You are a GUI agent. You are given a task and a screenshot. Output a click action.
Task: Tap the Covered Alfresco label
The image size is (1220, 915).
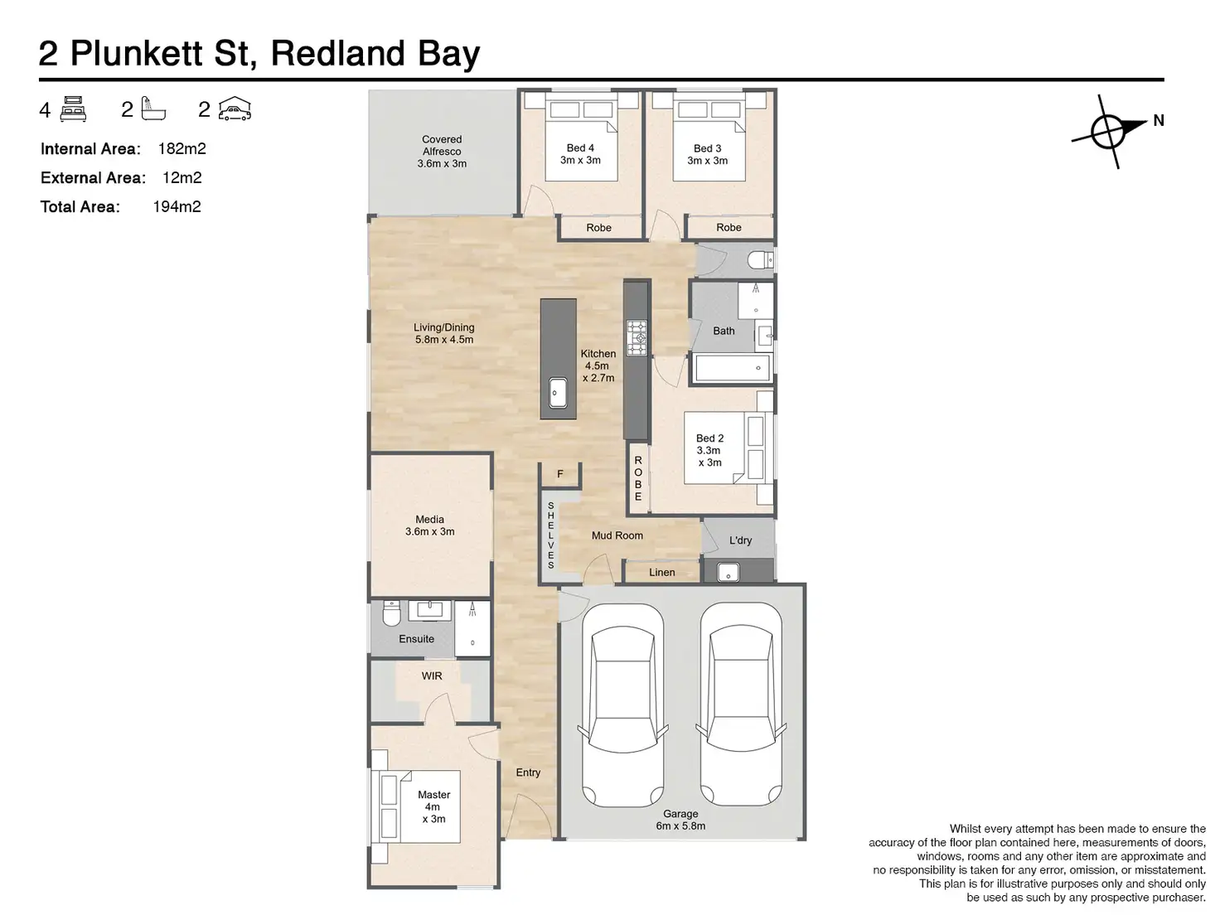[442, 152]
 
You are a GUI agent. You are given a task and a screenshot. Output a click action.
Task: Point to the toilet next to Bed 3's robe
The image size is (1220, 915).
[758, 261]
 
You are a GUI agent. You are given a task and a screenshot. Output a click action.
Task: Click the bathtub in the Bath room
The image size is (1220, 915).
[732, 367]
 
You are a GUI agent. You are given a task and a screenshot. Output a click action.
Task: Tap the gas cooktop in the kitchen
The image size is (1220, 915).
[636, 337]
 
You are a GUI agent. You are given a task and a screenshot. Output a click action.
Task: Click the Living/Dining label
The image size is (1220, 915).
[444, 333]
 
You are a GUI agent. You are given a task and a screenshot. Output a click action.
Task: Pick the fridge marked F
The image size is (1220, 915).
[560, 474]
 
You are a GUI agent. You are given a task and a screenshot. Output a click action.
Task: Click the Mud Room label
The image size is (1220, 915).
[617, 535]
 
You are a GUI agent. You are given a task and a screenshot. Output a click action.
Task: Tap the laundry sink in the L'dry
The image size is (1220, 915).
[729, 571]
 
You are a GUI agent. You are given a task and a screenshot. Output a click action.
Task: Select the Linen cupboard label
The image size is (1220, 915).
[662, 572]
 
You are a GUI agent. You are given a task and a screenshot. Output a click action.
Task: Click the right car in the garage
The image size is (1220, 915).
[740, 704]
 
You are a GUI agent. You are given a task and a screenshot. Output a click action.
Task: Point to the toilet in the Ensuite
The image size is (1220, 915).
[391, 614]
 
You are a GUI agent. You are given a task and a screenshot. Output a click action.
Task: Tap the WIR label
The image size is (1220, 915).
[432, 675]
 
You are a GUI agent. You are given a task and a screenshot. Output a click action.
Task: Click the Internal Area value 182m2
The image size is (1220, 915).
[182, 149]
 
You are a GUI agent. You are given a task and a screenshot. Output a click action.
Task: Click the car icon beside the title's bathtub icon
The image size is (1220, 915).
[235, 109]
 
